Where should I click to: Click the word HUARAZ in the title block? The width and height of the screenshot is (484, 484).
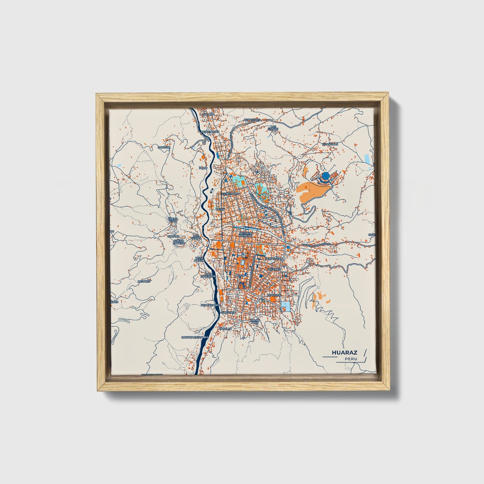click(344, 352)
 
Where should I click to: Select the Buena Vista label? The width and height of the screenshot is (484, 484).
click(173, 220)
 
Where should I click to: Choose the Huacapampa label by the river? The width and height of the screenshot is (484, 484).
click(210, 305)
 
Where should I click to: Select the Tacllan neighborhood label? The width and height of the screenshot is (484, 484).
click(225, 329)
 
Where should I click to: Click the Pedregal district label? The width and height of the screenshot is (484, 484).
click(275, 295)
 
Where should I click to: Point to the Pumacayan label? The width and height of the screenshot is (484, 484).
click(274, 259)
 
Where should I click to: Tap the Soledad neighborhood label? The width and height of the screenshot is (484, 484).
click(274, 269)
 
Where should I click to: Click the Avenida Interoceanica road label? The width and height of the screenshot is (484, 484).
click(317, 245)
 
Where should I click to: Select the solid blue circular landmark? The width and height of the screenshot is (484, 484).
click(326, 175)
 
